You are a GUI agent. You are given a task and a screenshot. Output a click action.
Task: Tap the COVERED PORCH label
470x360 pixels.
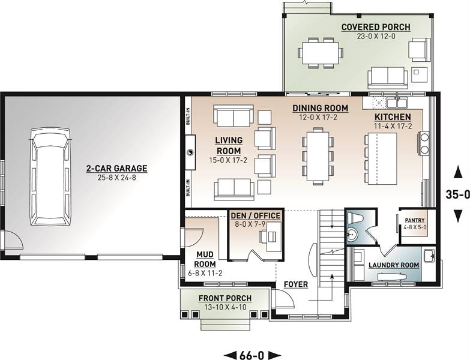(376, 27)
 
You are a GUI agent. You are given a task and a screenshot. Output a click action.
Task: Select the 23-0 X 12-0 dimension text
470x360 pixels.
(376, 36)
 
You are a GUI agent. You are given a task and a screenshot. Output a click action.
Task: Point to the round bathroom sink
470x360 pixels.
(352, 235)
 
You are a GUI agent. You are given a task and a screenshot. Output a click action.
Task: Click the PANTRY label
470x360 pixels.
(415, 220)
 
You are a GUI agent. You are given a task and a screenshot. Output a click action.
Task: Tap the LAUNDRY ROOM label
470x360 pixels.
(394, 265)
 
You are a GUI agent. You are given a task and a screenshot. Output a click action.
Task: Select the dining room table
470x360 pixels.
(318, 155)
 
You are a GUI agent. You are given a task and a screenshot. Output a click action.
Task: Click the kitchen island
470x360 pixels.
(383, 158)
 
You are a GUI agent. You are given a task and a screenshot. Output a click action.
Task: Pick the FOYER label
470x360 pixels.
(296, 284)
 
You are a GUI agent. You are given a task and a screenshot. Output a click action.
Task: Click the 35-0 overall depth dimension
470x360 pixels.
(457, 194)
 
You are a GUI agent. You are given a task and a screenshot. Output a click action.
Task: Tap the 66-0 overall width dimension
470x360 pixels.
(252, 355)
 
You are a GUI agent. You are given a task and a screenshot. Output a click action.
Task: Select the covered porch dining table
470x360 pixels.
(321, 52)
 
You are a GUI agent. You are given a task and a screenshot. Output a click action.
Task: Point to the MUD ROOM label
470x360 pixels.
(205, 259)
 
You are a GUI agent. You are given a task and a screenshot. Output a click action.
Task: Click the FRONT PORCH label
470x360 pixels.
(225, 298)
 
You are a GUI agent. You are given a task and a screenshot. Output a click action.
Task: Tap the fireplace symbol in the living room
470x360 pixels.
(190, 153)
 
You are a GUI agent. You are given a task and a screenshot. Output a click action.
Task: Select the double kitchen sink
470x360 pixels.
(397, 103)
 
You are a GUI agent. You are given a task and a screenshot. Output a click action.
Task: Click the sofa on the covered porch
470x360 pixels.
(388, 77)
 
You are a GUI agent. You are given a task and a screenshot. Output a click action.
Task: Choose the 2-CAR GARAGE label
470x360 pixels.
(117, 169)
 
